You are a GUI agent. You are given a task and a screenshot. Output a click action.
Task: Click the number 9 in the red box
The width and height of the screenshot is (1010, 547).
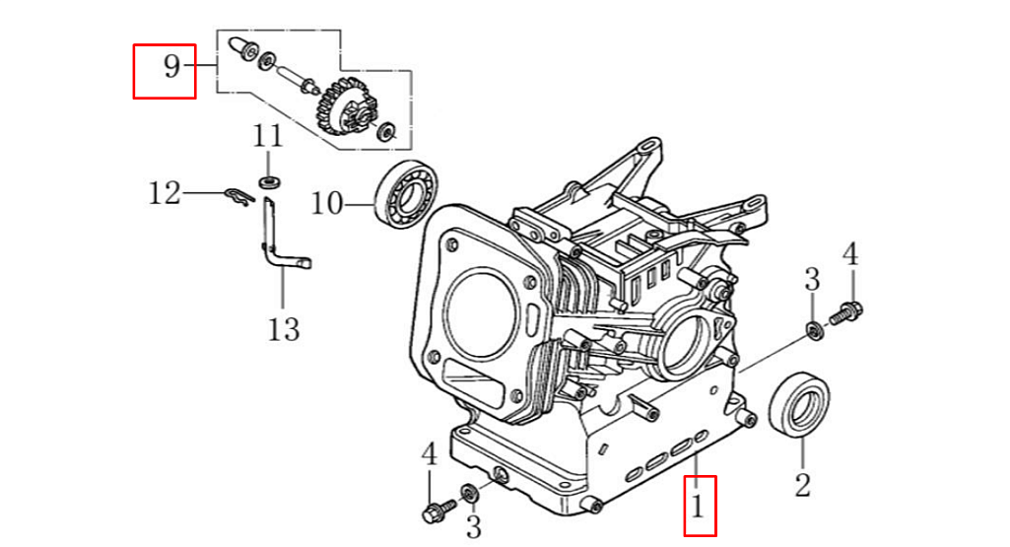[171, 68]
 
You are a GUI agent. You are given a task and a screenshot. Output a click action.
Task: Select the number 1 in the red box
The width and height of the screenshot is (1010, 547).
[699, 508]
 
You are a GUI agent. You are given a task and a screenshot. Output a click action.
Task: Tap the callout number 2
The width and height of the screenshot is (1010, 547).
[802, 484]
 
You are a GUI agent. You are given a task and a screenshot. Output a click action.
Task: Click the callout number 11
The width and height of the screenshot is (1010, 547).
[267, 136]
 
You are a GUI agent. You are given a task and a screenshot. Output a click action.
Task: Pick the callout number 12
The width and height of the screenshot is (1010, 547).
[165, 193]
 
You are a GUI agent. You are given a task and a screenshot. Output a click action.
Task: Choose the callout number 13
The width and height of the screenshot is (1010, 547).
[283, 327]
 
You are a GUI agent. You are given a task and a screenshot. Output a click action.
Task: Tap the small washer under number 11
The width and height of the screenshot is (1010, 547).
[268, 182]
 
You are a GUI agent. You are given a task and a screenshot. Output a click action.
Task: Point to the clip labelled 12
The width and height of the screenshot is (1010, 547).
[238, 195]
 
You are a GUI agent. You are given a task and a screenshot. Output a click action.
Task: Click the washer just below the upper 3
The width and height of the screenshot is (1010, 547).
[814, 329]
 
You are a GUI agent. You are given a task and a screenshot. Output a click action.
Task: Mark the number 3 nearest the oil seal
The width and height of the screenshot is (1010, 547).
[812, 279]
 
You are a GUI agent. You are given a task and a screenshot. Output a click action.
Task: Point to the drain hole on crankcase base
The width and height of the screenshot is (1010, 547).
[500, 476]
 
